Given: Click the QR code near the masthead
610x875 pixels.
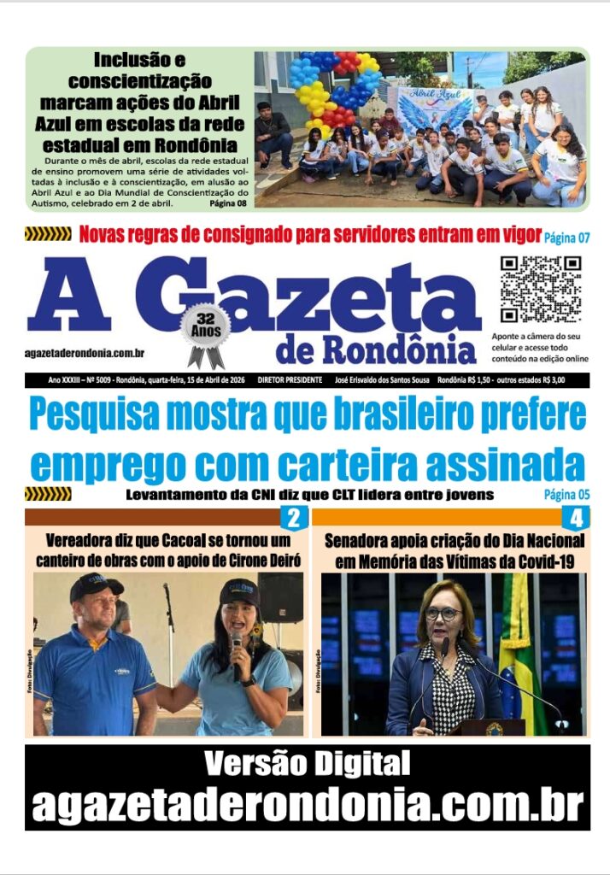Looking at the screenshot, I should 540,289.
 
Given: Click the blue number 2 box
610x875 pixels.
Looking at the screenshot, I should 293,517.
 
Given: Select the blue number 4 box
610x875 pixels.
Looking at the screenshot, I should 576,517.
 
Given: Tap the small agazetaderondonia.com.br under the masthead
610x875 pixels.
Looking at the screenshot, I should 84,353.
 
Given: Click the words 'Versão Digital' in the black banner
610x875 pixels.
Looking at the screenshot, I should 306,762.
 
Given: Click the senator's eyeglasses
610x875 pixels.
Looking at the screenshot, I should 443,613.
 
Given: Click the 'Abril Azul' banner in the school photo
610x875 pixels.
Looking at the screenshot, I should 435,106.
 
